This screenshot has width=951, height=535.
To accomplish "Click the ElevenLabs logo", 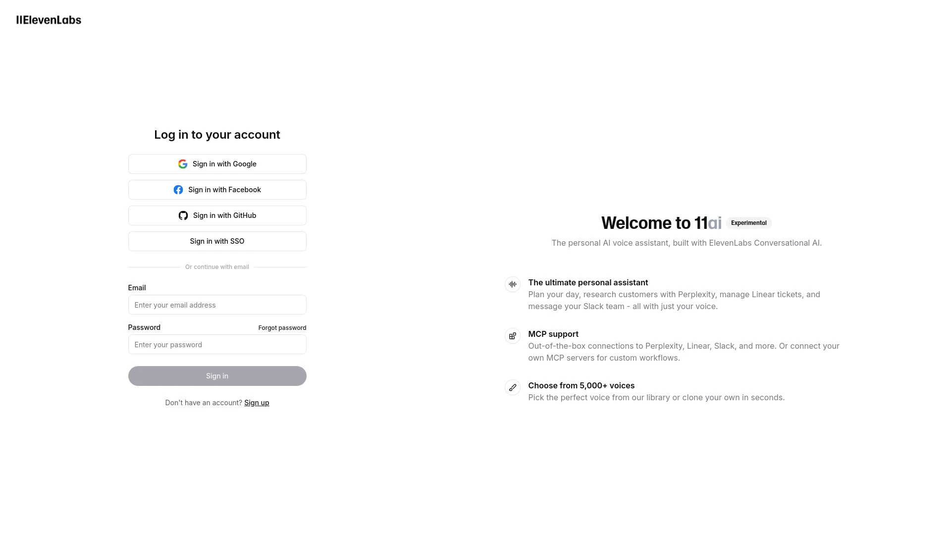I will pyautogui.click(x=49, y=20).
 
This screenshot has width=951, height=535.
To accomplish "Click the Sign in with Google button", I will pyautogui.click(x=217, y=164).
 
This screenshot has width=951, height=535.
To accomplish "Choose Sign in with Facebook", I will pyautogui.click(x=217, y=190).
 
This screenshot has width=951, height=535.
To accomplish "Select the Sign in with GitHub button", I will pyautogui.click(x=217, y=215).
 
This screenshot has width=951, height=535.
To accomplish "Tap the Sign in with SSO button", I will pyautogui.click(x=217, y=241).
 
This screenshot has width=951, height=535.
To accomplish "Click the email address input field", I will pyautogui.click(x=217, y=305).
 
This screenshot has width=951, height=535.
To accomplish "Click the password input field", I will pyautogui.click(x=217, y=344).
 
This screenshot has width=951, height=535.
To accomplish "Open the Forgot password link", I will pyautogui.click(x=282, y=328).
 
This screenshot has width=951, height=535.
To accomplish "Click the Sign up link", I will pyautogui.click(x=257, y=403).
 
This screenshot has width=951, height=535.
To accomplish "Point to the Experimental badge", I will pyautogui.click(x=748, y=223).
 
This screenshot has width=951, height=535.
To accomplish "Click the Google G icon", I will pyautogui.click(x=183, y=164).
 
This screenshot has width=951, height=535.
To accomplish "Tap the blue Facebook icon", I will pyautogui.click(x=178, y=190).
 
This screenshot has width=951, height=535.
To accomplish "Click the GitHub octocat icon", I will pyautogui.click(x=183, y=215).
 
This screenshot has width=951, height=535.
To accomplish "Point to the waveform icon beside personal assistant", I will pyautogui.click(x=512, y=284).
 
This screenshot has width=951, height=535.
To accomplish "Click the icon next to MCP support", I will pyautogui.click(x=512, y=336).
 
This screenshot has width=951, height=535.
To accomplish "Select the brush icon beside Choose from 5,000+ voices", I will pyautogui.click(x=512, y=387).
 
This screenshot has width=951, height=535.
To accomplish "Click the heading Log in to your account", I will pyautogui.click(x=217, y=135).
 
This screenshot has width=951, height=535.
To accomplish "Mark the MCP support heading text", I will pyautogui.click(x=553, y=334).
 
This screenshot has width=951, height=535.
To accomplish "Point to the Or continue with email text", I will pyautogui.click(x=217, y=267).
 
